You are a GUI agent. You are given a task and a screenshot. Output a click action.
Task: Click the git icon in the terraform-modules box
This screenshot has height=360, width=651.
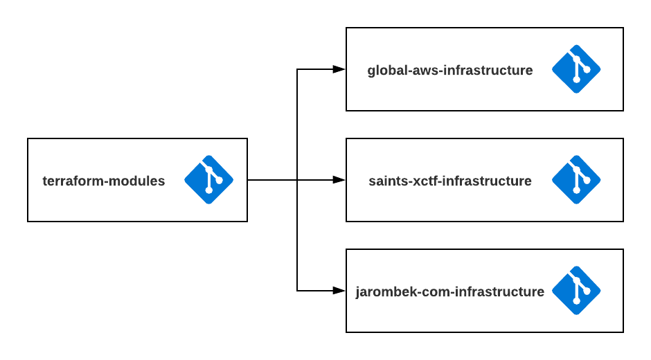[208, 180]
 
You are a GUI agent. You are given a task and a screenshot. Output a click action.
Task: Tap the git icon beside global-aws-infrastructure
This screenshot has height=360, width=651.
[576, 69]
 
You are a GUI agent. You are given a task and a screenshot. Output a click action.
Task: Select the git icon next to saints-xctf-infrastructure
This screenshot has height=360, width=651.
[576, 180]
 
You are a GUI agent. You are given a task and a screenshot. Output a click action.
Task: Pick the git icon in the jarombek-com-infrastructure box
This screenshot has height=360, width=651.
[576, 291]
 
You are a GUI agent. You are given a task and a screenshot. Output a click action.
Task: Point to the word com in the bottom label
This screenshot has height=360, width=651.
[436, 292]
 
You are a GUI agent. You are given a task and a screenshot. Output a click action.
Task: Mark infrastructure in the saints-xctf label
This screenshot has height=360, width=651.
[488, 181]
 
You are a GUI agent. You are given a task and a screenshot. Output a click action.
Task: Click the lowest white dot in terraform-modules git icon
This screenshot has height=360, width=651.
[208, 190]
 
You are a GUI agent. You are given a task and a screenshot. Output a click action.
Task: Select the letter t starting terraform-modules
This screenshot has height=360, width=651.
[45, 181]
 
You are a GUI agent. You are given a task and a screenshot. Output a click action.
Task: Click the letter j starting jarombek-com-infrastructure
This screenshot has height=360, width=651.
[358, 292]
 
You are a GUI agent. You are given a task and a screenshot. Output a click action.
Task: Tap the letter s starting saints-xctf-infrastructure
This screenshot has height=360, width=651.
[373, 181]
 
